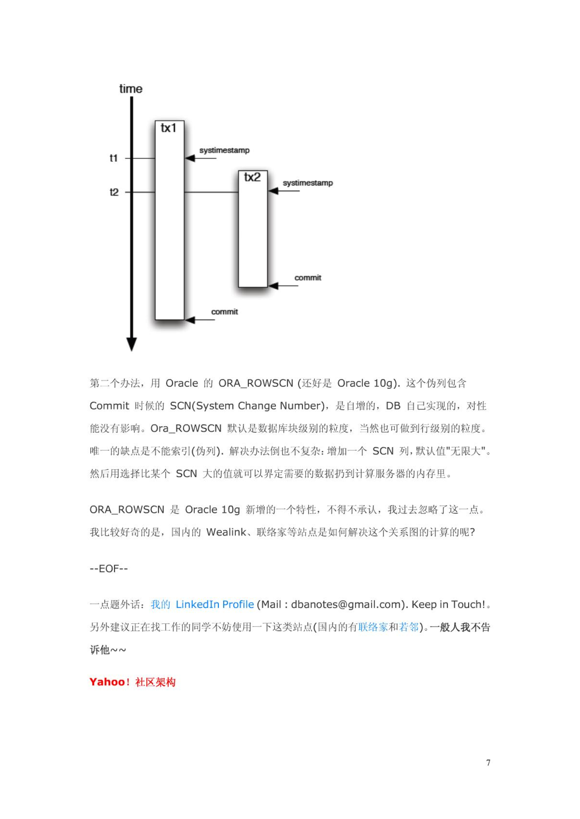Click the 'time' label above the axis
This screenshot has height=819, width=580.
[x=131, y=89]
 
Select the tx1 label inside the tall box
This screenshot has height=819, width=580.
[x=168, y=128]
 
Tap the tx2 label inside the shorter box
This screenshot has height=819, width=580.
[x=252, y=177]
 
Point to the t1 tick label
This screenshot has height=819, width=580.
[x=114, y=158]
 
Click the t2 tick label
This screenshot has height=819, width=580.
[x=114, y=192]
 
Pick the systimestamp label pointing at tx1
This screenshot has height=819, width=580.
[x=224, y=150]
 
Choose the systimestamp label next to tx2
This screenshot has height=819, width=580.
[x=307, y=183]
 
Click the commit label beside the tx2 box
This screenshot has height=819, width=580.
[x=308, y=278]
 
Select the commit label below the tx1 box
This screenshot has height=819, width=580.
[x=225, y=312]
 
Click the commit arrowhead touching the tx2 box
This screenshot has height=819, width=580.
[x=274, y=286]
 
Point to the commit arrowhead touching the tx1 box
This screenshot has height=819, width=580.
[x=190, y=320]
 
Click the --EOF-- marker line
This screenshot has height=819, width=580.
[x=109, y=568]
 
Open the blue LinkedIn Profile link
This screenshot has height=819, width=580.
[x=215, y=604]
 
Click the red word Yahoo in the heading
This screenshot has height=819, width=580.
[x=107, y=682]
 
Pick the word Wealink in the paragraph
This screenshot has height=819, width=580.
[x=226, y=532]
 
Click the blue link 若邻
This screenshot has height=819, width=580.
[x=409, y=627]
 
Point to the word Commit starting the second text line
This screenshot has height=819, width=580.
[x=109, y=406]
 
